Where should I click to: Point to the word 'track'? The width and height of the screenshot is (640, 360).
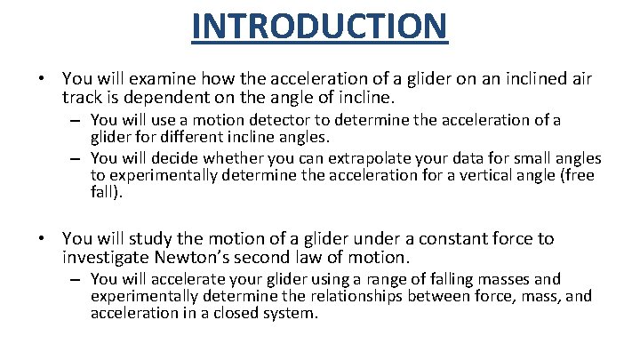(x=84, y=97)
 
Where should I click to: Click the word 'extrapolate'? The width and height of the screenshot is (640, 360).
(x=343, y=159)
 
